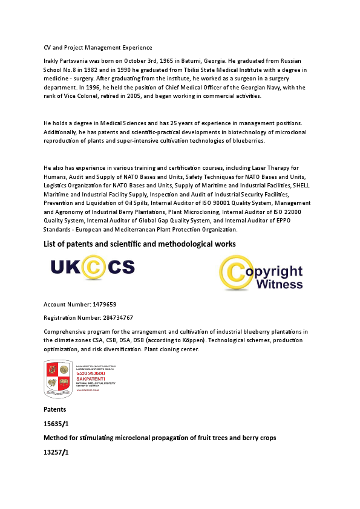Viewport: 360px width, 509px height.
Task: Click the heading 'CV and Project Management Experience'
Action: (x=98, y=47)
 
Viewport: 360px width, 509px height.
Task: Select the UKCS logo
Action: (x=92, y=267)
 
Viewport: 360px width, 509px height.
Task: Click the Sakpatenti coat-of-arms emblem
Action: (x=58, y=378)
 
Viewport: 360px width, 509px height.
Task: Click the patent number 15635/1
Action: (x=56, y=423)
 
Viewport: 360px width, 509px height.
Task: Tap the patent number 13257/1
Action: (x=56, y=452)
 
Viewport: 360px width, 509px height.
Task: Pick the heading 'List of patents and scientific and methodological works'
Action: (x=140, y=244)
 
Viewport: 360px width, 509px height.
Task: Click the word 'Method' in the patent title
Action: (x=56, y=437)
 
